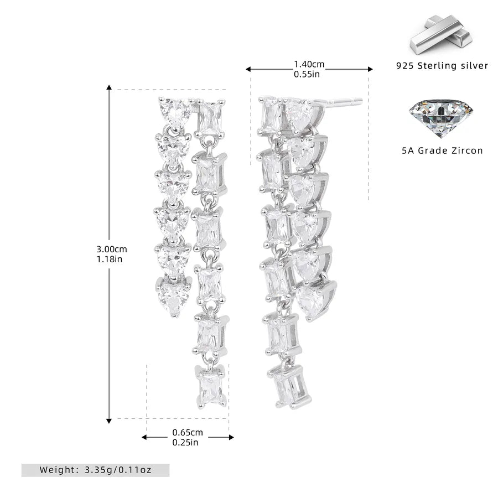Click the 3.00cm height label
pos(111,250)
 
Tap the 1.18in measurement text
pos(109,259)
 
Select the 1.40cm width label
pos(309,64)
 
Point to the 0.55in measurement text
pos(307,74)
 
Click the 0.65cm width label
pos(188,432)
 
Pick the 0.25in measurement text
pos(185,443)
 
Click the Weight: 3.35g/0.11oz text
pos(96,470)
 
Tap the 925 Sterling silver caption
pos(442,66)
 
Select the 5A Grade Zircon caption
pos(442,151)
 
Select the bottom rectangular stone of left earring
pos(211,387)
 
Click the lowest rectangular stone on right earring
pos(289,386)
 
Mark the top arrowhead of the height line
pos(109,87)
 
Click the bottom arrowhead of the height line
pos(109,421)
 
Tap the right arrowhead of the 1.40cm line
pos(370,69)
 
